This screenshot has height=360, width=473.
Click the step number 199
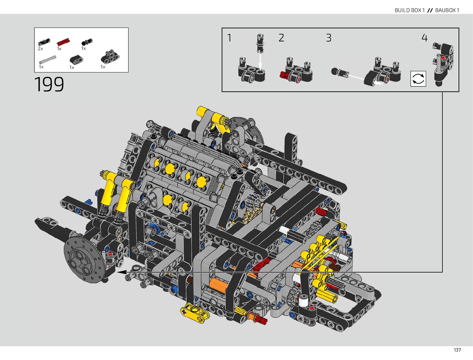[49, 84]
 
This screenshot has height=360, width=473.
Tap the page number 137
[457, 350]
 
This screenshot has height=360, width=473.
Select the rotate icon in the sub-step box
[418, 79]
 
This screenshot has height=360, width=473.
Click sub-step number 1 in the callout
[229, 38]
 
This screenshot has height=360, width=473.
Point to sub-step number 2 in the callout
[281, 38]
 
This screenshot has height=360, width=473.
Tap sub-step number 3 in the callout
[329, 38]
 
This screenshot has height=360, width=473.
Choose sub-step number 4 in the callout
[424, 38]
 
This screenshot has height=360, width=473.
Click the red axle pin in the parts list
[63, 42]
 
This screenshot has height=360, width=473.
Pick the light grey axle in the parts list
[48, 60]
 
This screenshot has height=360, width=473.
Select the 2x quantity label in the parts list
[40, 49]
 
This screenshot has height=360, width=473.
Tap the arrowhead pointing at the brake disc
[121, 272]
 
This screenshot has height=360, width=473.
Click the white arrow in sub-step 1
[260, 61]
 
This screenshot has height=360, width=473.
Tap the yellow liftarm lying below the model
[194, 313]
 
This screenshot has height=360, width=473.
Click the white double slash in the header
[430, 10]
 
